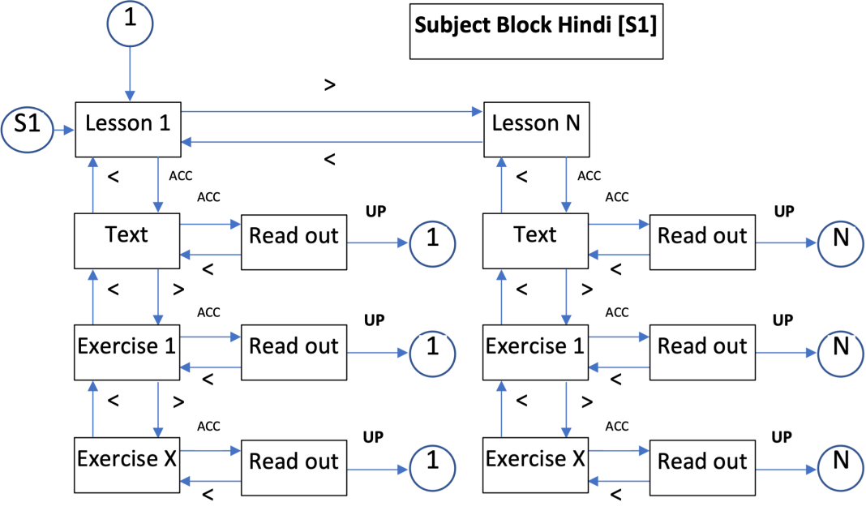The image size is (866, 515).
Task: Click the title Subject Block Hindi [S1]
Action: coord(535,24)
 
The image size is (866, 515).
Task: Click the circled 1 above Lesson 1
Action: coord(129,20)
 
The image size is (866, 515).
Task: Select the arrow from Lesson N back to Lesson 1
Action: coord(332,142)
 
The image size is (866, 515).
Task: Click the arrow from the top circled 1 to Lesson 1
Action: coord(129,73)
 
